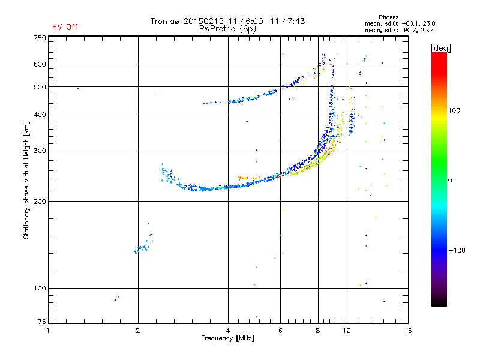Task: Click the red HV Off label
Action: (65, 27)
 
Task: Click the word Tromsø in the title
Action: (164, 21)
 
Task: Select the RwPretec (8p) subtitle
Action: (227, 29)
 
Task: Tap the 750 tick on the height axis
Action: (40, 38)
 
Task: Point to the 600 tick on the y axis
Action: (40, 64)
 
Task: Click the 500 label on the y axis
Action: (40, 87)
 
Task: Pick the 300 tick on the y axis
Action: (40, 151)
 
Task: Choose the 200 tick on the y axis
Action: (40, 202)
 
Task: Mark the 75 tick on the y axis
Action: (42, 322)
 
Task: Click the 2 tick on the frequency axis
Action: (138, 331)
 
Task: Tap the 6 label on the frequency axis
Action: (280, 331)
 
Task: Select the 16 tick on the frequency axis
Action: (408, 331)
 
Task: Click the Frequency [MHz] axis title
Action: (227, 338)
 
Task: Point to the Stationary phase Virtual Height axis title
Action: (26, 180)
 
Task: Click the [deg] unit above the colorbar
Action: (440, 48)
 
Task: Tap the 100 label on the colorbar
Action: (454, 110)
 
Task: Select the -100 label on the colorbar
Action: (457, 250)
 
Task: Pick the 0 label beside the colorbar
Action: (450, 181)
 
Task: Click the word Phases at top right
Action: (388, 17)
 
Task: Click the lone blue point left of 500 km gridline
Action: (78, 88)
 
